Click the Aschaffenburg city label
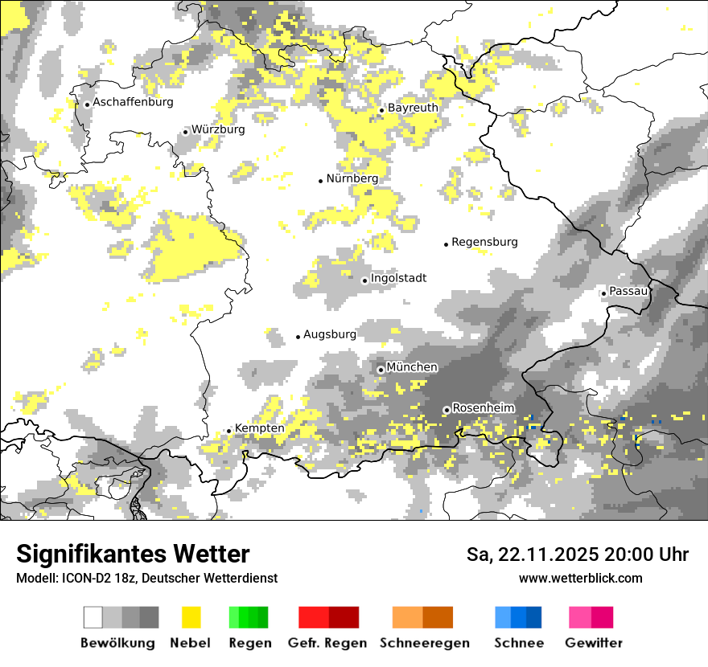pos(133,102)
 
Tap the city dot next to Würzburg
pos(185,132)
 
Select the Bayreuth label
pos(413,108)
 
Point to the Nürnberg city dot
pos(320,181)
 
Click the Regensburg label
pos(484,242)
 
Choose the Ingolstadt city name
pos(398,278)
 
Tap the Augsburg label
pos(329,334)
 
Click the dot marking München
pos(381,370)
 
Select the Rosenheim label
pos(483,408)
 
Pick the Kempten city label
pos(259,428)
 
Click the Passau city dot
pos(603,293)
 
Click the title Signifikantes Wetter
pos(133,554)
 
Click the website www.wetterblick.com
pos(580,578)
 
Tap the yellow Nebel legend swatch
pos(191,617)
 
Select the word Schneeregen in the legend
pos(424,643)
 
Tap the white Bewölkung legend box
pos(93,617)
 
